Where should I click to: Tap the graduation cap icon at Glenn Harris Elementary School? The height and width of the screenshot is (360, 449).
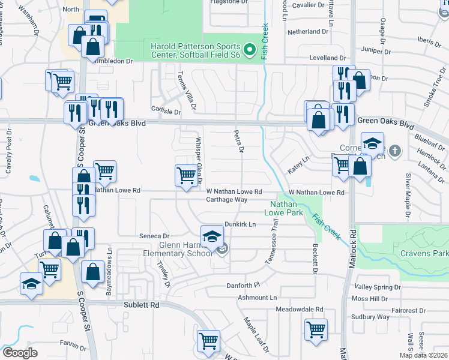[x=211, y=238]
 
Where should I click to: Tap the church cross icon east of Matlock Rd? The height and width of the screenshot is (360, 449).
[x=396, y=150]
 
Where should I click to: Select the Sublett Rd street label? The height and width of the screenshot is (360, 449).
[x=142, y=305]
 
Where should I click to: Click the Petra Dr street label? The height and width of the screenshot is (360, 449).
[x=238, y=142]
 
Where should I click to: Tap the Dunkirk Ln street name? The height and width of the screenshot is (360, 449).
[x=240, y=224]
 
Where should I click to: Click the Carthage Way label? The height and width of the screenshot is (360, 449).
[x=227, y=199]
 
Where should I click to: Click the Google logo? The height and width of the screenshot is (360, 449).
[x=20, y=352]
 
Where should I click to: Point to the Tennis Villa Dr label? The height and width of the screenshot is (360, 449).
[x=185, y=90]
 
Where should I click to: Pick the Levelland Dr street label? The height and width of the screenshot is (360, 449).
[x=328, y=58]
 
